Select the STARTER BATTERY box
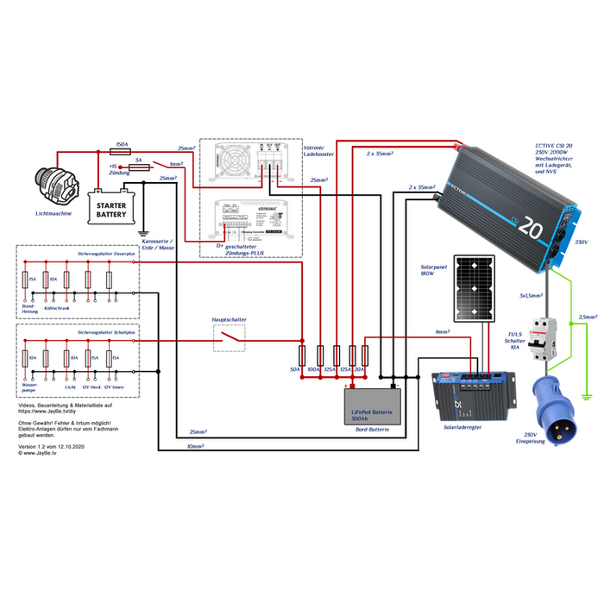click(110, 208)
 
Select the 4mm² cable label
click(442, 331)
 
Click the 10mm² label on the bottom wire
click(196, 447)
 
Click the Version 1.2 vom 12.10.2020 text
click(51, 446)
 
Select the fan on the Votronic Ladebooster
click(236, 161)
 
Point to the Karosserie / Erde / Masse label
click(157, 244)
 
